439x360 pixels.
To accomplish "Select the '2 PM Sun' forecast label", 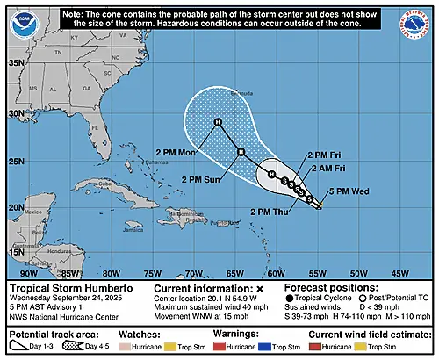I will tap(203, 179).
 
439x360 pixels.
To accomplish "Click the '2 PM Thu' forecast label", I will tap(272, 212).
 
